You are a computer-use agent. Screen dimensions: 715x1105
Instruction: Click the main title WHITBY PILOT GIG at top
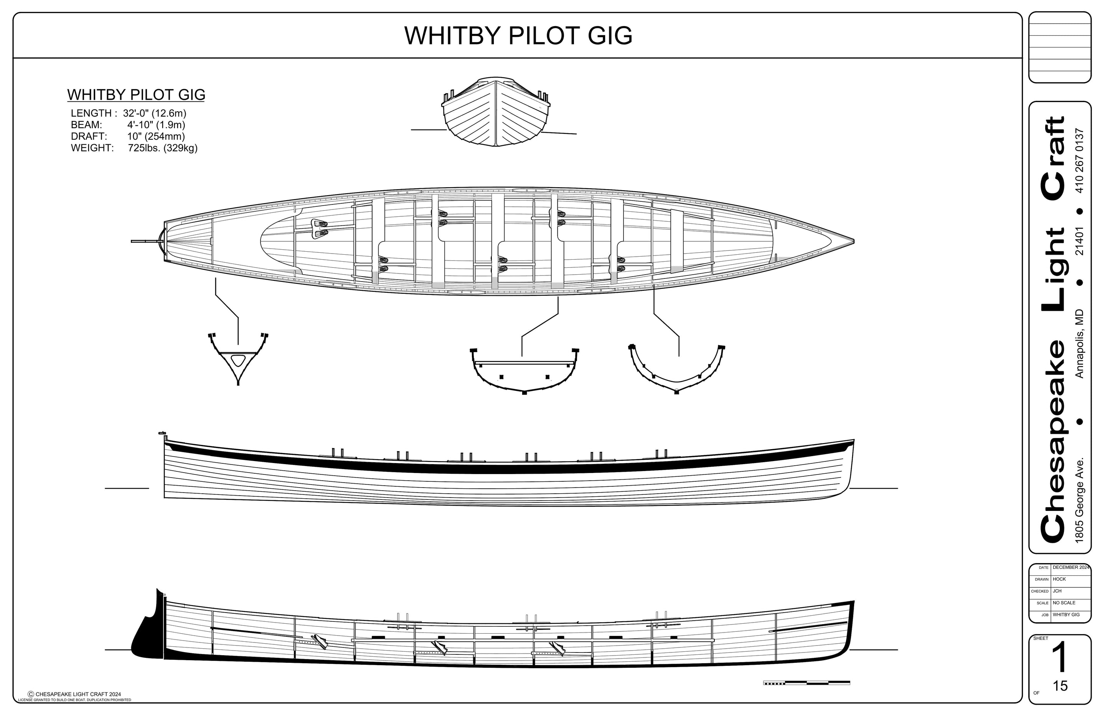[x=518, y=36]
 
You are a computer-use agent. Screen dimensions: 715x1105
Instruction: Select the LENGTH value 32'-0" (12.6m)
[x=155, y=113]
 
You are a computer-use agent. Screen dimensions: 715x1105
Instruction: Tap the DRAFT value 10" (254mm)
[x=156, y=137]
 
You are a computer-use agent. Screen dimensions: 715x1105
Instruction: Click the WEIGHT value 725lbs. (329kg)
[x=163, y=148]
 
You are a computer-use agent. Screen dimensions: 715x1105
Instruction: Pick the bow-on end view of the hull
[x=496, y=113]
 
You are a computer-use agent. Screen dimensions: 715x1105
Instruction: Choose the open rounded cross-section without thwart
[x=676, y=369]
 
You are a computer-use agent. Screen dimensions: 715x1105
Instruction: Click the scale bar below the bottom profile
[x=806, y=683]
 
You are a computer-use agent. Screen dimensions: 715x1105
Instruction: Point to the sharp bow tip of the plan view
[x=853, y=241]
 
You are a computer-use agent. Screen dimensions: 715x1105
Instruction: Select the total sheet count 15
[x=1060, y=686]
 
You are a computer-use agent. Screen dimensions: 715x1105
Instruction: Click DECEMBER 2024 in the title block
[x=1070, y=567]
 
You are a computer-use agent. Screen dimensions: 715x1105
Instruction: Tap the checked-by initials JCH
[x=1057, y=591]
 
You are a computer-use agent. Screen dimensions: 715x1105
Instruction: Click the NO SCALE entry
[x=1064, y=603]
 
